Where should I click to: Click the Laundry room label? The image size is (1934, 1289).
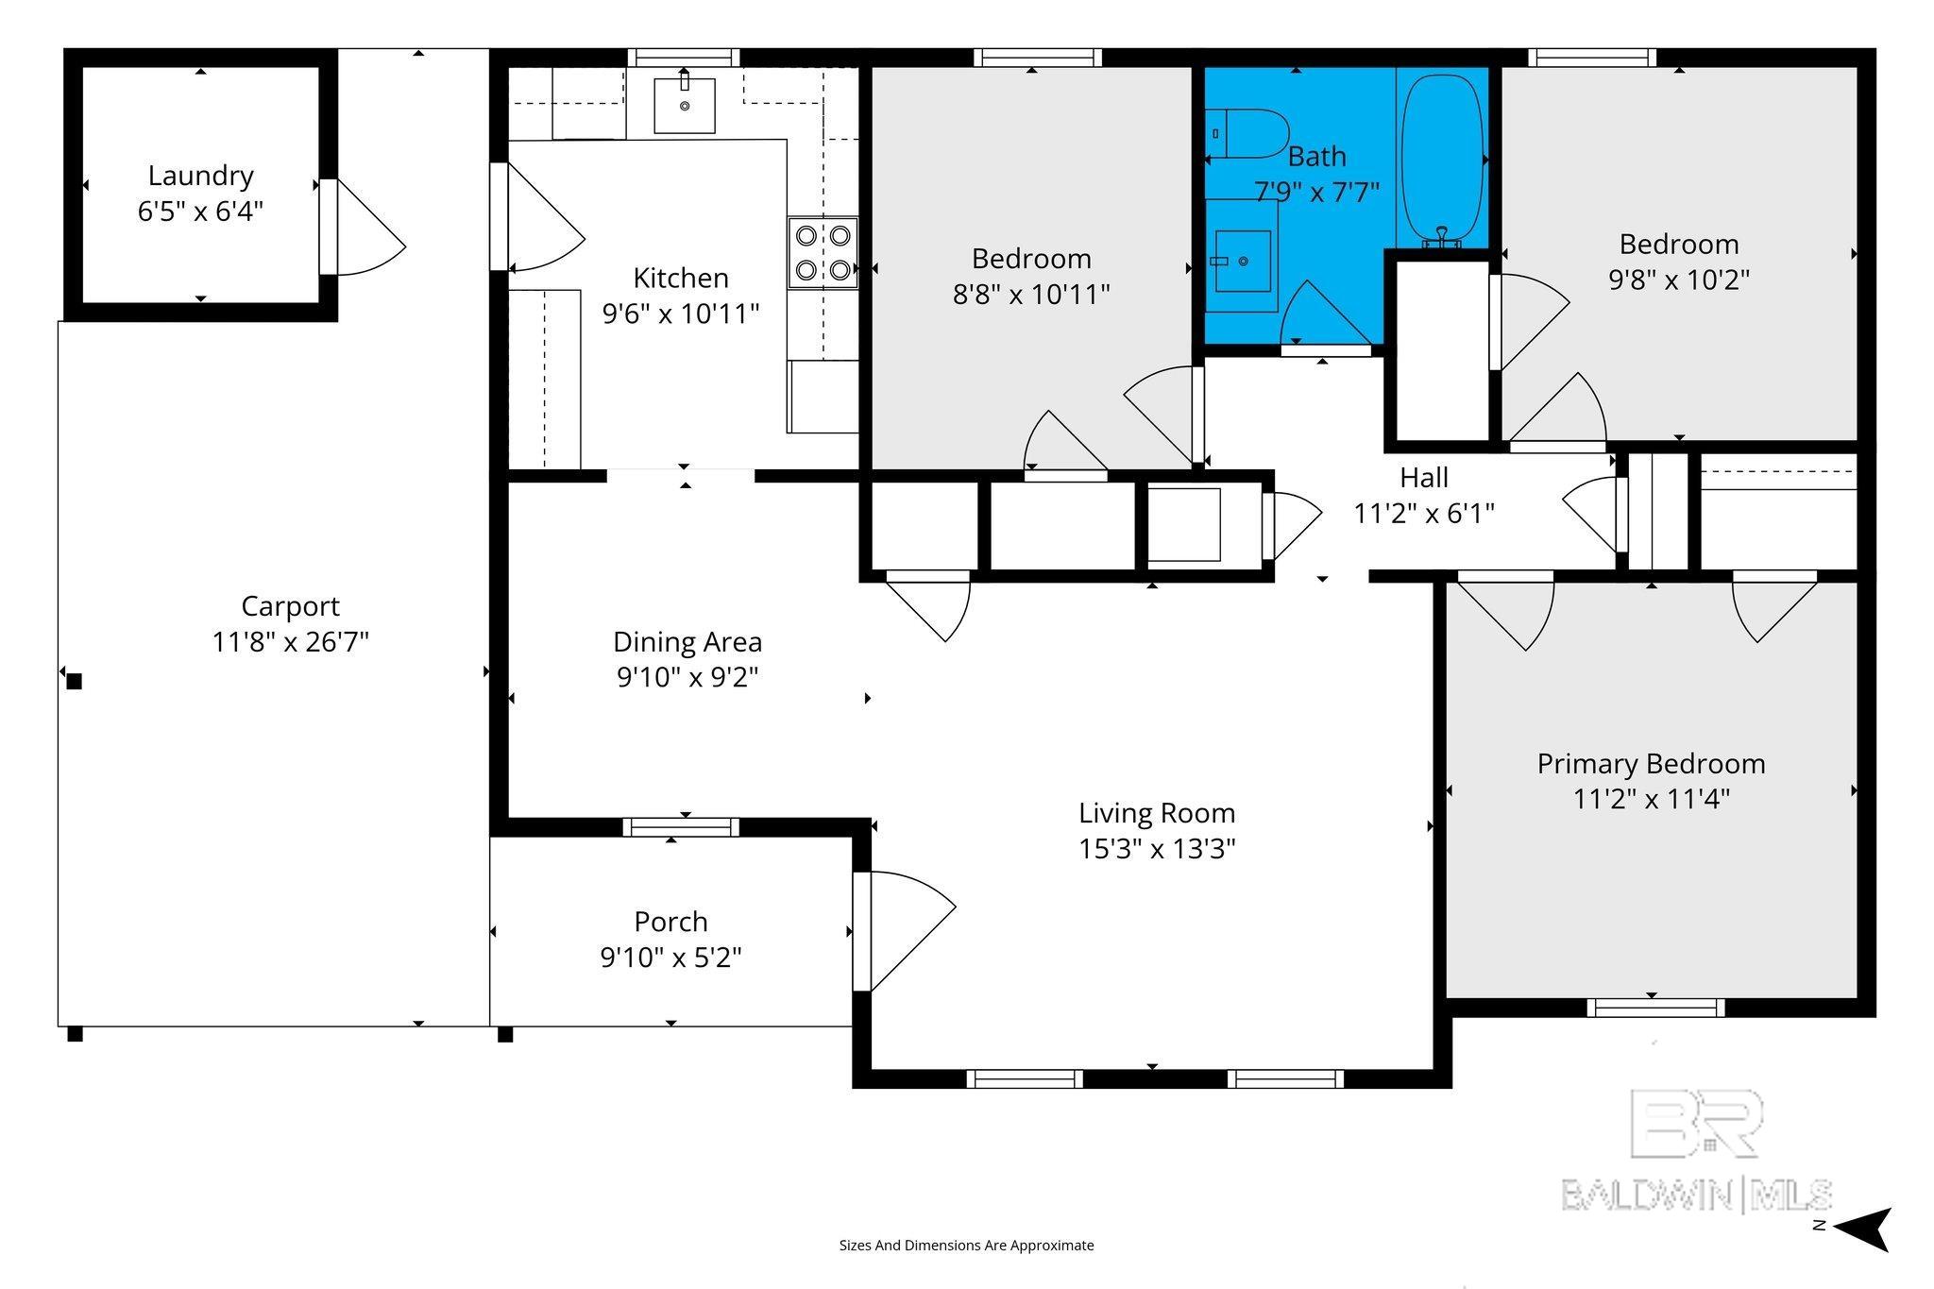pos(200,176)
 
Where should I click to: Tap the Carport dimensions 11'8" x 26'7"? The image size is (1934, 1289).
pos(290,642)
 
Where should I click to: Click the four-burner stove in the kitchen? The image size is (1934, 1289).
pos(823,253)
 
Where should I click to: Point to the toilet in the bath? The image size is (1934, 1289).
pos(1248,134)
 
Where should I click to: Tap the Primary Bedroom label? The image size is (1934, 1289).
pos(1651,764)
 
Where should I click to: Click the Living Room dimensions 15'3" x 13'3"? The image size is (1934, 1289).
pos(1157,849)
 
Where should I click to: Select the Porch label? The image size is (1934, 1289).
pos(670,922)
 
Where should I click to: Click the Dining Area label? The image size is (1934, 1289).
pos(687,642)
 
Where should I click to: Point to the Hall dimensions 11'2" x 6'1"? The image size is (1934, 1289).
pos(1424,514)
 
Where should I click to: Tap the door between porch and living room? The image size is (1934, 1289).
pos(904,931)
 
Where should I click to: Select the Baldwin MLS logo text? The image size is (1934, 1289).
pos(1696,1195)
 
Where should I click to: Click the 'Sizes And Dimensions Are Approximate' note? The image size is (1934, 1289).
pos(966,1246)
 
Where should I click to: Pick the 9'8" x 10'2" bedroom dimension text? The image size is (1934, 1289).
pos(1679,280)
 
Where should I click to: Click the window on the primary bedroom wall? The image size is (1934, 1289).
pos(1655,1008)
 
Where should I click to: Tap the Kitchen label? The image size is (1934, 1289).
pos(681,279)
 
